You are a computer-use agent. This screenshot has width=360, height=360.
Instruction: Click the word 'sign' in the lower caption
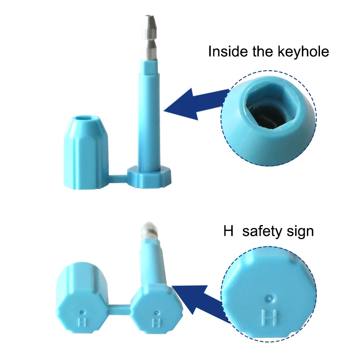[301, 233]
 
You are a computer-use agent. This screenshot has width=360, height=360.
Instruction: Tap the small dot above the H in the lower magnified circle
[269, 297]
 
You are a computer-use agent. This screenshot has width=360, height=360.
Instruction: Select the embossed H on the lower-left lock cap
[82, 322]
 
